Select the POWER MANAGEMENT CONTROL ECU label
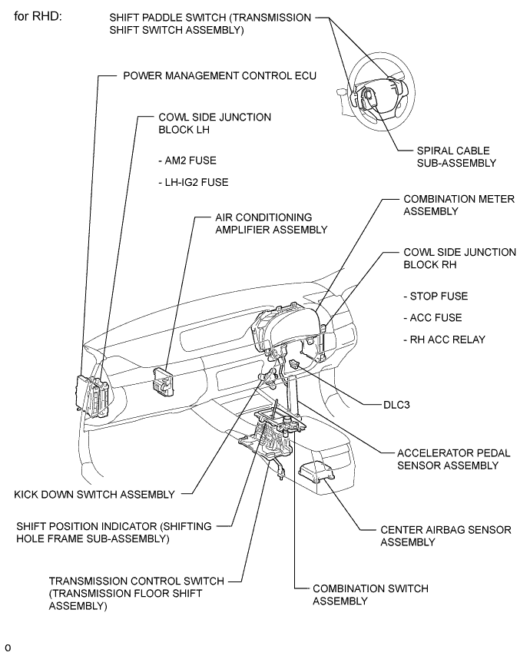coord(220,77)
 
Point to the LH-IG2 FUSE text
coord(193,182)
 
